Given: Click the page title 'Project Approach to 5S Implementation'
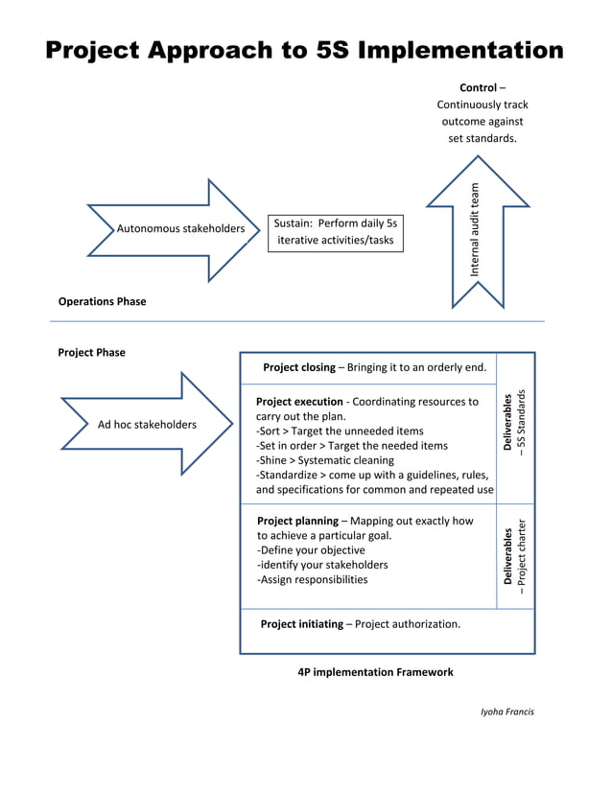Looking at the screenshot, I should [305, 50].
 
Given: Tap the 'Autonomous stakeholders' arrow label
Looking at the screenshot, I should [180, 229].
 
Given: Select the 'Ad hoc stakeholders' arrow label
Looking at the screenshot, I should [147, 425].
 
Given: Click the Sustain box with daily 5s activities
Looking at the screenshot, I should [335, 231].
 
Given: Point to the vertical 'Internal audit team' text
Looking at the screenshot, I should [474, 230].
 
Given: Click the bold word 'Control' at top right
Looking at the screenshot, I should [478, 88].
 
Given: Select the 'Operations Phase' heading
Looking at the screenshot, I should [102, 301].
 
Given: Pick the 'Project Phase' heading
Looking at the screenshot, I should [91, 352].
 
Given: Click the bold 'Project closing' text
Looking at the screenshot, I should [298, 367].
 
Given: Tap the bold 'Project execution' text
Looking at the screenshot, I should [299, 402].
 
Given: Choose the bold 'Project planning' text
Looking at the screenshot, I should [296, 522].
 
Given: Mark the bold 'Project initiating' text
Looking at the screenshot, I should [301, 624].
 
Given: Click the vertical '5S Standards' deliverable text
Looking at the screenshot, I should [522, 422].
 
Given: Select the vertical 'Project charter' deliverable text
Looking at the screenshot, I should [522, 557].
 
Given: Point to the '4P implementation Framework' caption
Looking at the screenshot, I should [375, 672].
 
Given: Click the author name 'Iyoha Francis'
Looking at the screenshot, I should [507, 711].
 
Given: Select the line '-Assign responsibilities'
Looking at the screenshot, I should [312, 579].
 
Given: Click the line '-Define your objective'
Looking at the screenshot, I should [311, 550].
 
